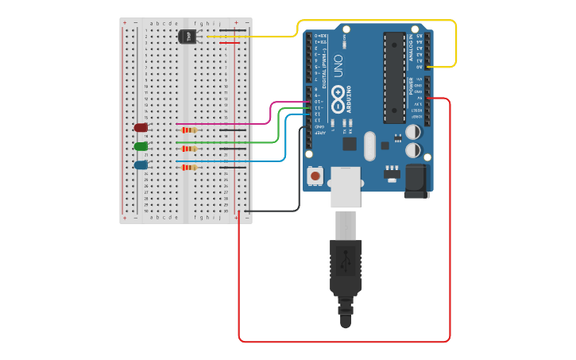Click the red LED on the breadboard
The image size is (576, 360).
[x=141, y=127]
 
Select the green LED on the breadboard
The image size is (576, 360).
[x=141, y=146]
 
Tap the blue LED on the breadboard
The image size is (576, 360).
[x=141, y=165]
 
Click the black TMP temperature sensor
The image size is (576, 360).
[x=187, y=37]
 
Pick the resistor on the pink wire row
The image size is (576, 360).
[x=189, y=130]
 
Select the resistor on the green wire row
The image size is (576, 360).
[x=189, y=149]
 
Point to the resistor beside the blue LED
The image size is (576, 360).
[x=189, y=168]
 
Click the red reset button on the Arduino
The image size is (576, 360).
[x=315, y=176]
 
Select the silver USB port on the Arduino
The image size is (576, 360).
[x=346, y=188]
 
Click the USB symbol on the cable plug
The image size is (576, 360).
[x=346, y=261]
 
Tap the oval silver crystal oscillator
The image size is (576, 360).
[x=369, y=145]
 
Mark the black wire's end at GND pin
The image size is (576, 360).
[x=308, y=127]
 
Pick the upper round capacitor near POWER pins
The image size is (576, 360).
[x=413, y=132]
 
